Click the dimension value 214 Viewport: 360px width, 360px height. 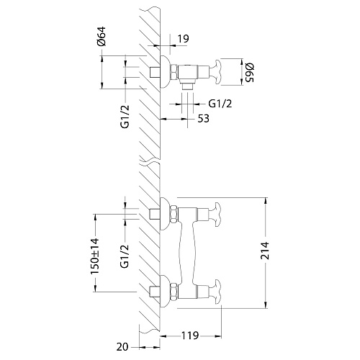point(265,251)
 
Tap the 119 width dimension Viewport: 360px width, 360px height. point(189,336)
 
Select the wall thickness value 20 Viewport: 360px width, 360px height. point(122,347)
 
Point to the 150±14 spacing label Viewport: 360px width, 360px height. point(94,256)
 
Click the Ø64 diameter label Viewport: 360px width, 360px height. point(102,36)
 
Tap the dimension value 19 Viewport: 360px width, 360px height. point(184,38)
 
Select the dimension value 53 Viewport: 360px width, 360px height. point(203,119)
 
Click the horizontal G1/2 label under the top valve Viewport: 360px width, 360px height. point(220,104)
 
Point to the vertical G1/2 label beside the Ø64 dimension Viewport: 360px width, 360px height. point(125,117)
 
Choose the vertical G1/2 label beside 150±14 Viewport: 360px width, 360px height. point(125,256)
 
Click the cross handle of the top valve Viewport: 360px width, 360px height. point(215,72)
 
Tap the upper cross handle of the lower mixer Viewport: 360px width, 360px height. point(215,215)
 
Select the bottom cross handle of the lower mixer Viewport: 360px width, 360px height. point(215,292)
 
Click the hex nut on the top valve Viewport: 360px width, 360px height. point(174,72)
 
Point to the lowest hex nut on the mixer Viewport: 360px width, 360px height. point(174,292)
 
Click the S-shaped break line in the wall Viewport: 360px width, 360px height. point(150,163)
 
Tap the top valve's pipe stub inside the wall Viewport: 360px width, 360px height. point(155,72)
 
